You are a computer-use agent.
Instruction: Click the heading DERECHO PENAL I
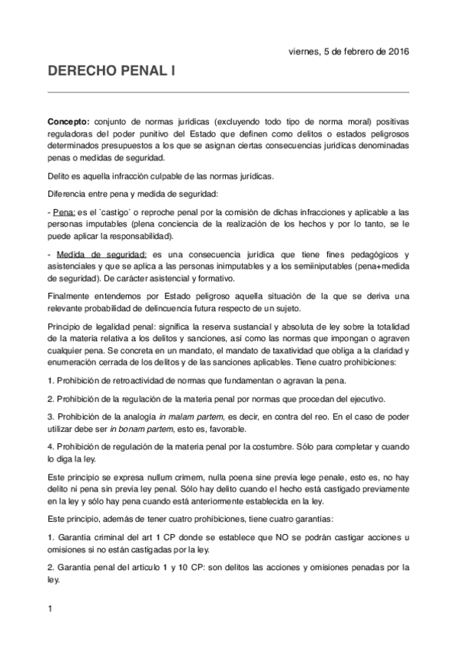pos(111,72)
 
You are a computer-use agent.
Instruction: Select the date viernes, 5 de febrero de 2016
pos(349,52)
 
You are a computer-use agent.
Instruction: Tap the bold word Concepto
pos(68,122)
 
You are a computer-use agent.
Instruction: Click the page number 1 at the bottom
pos(50,608)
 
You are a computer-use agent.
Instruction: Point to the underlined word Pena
pos(63,211)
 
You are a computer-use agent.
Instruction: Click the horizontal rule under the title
pos(228,92)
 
